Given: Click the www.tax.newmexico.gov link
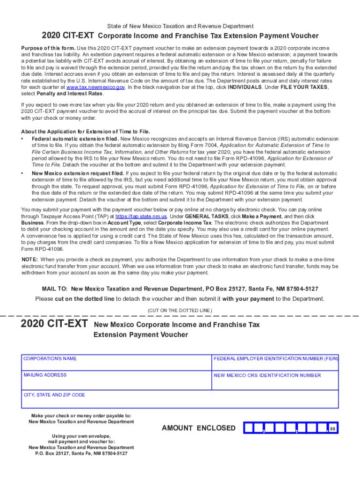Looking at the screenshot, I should (x=95, y=87).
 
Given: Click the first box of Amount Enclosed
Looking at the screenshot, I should (x=249, y=428).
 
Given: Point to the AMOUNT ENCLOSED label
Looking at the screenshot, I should (x=199, y=428).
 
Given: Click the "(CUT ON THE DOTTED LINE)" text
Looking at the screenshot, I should (x=180, y=311).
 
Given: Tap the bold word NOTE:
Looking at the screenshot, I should (x=30, y=259).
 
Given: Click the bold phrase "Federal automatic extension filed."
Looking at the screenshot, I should (x=75, y=139).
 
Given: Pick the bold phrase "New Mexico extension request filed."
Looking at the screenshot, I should (x=77, y=173).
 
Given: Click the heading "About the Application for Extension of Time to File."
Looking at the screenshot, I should (x=86, y=131).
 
